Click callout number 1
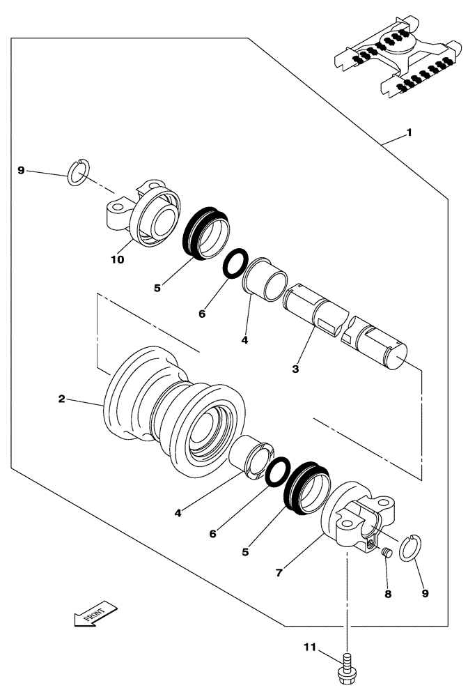pyautogui.click(x=409, y=132)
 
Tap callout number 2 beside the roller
pyautogui.click(x=62, y=399)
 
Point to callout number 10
pyautogui.click(x=117, y=259)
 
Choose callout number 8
pyautogui.click(x=388, y=594)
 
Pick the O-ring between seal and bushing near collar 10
pyautogui.click(x=233, y=263)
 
